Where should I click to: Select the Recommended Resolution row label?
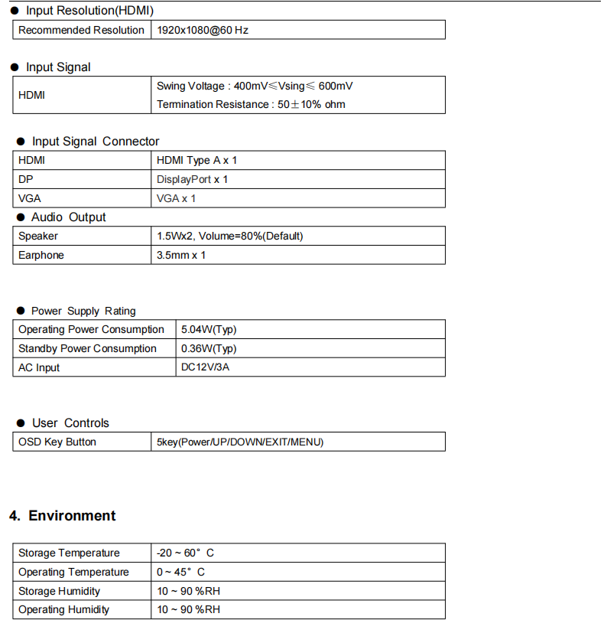(81, 30)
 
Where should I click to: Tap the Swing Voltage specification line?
(255, 86)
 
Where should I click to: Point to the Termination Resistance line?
(251, 104)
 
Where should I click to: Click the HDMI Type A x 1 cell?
(197, 160)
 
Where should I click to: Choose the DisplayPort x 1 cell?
(193, 179)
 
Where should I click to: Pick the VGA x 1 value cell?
(177, 198)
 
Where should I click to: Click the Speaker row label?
(38, 236)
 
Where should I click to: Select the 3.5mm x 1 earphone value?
(181, 255)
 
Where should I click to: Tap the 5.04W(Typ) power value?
(209, 329)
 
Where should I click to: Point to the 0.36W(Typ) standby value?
(209, 348)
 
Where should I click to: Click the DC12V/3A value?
(206, 367)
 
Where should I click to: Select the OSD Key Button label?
(57, 442)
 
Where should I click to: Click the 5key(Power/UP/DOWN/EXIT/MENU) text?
(240, 442)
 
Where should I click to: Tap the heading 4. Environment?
(63, 516)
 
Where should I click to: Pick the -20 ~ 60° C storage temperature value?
(186, 553)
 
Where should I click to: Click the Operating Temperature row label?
(73, 572)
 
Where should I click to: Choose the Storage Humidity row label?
(59, 591)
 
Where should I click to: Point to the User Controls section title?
(70, 423)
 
